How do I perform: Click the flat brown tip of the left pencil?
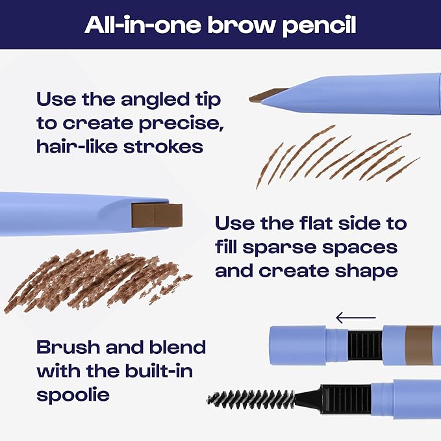click(157, 215)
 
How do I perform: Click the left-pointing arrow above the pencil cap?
click(355, 318)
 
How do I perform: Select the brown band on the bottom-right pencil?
click(418, 342)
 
